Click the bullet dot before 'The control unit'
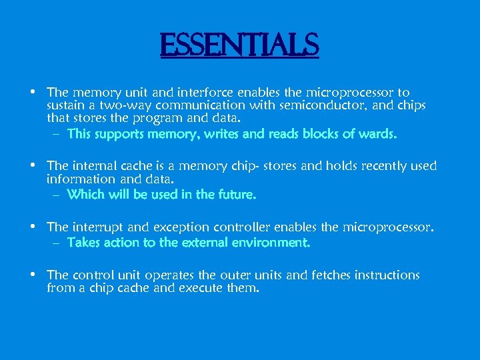tap(33, 274)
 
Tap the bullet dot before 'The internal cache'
tap(33, 165)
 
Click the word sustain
tap(67, 105)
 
